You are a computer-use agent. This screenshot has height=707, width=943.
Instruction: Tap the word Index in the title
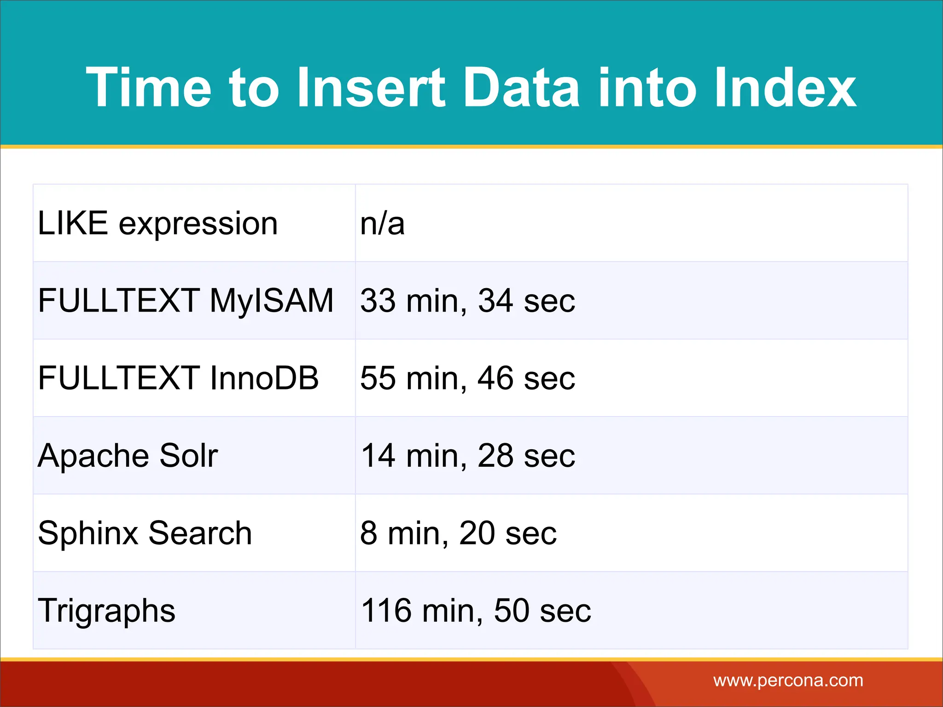[x=784, y=87]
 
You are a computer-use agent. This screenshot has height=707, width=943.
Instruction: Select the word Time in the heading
[x=148, y=87]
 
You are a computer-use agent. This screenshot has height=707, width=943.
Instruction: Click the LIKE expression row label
[x=157, y=224]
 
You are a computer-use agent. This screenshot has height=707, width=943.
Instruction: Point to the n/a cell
[x=382, y=224]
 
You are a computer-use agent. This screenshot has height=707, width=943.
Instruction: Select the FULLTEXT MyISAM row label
[x=186, y=301]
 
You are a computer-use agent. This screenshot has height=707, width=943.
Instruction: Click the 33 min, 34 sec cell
[x=467, y=301]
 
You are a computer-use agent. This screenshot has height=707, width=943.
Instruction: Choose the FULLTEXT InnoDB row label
[x=178, y=378]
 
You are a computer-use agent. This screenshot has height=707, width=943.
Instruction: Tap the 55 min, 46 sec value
[x=467, y=378]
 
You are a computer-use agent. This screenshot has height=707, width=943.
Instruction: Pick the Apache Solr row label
[x=128, y=456]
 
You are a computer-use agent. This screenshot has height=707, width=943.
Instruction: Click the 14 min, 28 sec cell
[x=467, y=456]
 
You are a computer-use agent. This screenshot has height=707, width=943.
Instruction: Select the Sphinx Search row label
[x=145, y=533]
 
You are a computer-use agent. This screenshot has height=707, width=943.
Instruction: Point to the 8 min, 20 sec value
[x=458, y=533]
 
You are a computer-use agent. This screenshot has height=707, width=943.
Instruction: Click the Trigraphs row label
[x=107, y=611]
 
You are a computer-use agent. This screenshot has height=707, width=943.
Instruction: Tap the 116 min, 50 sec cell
[x=476, y=611]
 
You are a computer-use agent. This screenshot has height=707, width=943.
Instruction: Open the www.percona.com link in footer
[x=788, y=680]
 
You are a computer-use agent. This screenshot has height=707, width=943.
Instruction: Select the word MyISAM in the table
[x=271, y=301]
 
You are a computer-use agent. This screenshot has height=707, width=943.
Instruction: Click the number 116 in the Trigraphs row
[x=386, y=611]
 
